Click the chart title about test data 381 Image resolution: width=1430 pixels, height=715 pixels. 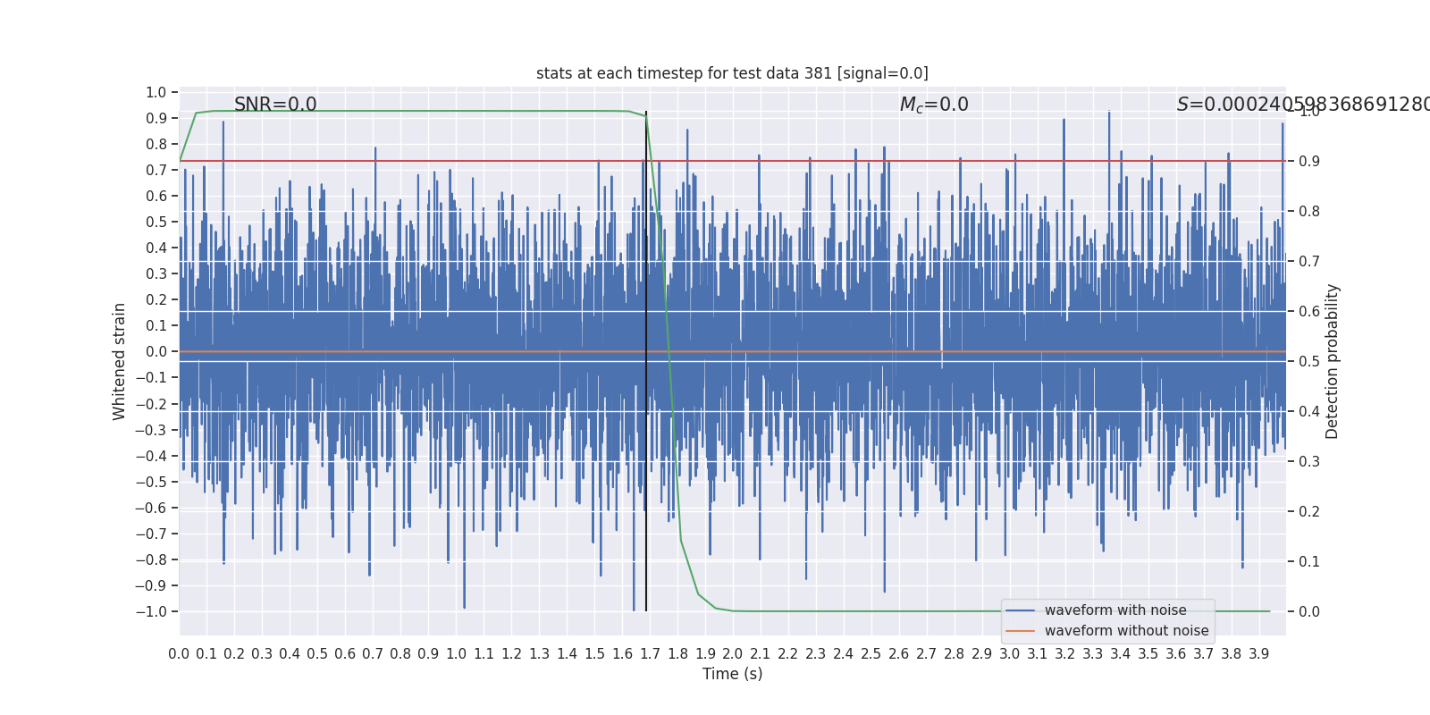732,73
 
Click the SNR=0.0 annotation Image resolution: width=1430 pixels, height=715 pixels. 275,105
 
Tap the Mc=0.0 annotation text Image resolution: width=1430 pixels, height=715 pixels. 934,105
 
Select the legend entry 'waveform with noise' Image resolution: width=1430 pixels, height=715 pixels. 1115,610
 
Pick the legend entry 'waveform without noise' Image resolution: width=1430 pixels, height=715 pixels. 1126,631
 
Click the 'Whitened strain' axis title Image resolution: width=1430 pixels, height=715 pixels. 120,361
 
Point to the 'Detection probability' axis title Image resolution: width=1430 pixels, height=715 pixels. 1333,361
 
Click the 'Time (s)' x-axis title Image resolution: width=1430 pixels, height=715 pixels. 732,674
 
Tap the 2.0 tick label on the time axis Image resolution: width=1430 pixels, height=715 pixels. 732,654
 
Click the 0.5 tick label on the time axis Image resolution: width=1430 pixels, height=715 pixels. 317,654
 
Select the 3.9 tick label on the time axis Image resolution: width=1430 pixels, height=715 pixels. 1258,654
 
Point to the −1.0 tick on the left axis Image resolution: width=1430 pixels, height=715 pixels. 151,611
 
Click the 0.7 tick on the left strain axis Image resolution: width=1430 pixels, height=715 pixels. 156,170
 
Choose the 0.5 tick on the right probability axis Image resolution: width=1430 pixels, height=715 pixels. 1309,361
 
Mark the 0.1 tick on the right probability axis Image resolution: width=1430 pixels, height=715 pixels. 1309,561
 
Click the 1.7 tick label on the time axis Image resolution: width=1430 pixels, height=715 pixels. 650,654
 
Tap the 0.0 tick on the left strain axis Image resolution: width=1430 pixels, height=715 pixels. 156,351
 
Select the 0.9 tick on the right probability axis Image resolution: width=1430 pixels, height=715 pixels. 1309,161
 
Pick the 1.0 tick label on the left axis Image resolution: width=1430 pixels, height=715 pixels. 156,92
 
